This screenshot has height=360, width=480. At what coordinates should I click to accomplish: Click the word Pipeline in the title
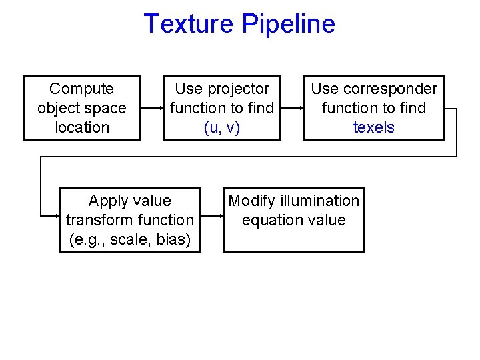pos(288,24)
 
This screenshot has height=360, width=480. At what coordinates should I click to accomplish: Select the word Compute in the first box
pos(82,89)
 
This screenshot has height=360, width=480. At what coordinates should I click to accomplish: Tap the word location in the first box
pos(82,127)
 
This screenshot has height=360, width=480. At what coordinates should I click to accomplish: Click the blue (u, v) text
pos(222,127)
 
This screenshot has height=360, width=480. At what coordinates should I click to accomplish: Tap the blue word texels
pos(374,127)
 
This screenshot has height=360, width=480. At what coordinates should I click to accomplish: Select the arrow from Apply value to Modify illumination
pos(212,215)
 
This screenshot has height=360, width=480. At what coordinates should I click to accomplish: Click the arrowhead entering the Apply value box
pos(56,215)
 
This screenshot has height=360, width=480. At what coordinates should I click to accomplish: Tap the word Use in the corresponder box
pos(324,89)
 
